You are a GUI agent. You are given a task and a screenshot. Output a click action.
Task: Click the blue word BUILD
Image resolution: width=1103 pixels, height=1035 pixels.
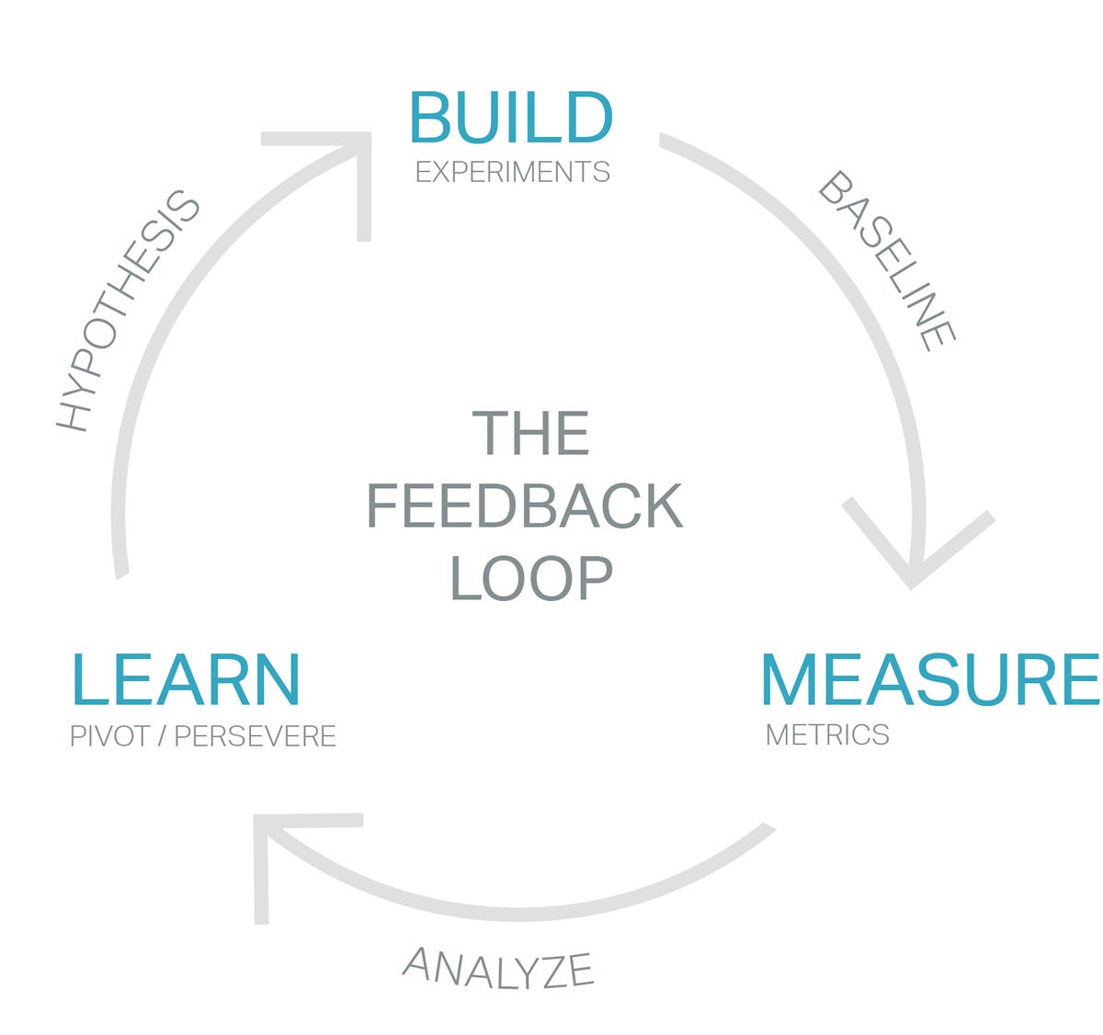click(x=510, y=117)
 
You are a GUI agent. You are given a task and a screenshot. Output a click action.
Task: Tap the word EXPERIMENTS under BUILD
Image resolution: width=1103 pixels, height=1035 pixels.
click(x=512, y=172)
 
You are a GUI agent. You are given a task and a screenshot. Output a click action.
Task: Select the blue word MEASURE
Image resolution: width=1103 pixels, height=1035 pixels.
click(x=929, y=679)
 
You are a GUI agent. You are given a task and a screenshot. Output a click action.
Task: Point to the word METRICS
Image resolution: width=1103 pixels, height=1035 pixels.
click(x=827, y=734)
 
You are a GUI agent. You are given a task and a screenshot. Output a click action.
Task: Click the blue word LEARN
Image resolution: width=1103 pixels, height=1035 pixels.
click(x=185, y=679)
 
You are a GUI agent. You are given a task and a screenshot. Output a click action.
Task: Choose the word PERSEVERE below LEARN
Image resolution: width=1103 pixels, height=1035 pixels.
click(x=256, y=736)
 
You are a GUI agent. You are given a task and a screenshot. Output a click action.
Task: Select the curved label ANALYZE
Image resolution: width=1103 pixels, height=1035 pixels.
click(x=499, y=968)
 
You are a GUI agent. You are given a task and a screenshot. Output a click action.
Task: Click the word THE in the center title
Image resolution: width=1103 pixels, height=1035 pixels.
click(x=530, y=434)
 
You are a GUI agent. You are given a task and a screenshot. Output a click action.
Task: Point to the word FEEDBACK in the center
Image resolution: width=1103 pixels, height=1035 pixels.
click(x=524, y=506)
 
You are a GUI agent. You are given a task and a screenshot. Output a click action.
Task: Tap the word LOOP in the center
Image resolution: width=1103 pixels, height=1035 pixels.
click(x=531, y=577)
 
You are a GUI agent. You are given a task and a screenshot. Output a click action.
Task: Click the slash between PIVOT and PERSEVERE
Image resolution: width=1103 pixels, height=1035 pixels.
click(x=161, y=736)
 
